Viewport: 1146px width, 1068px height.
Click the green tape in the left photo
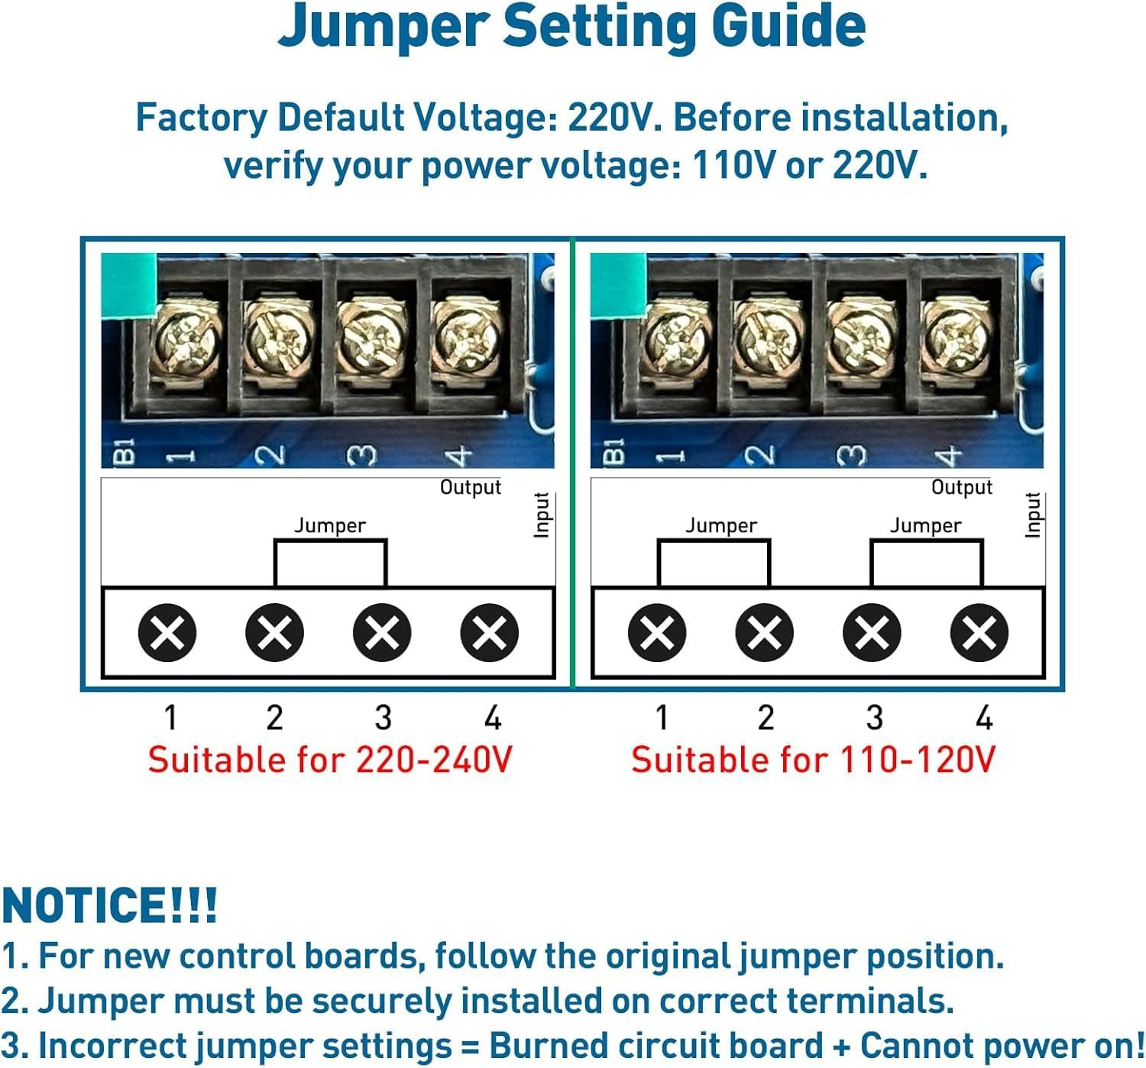(128, 285)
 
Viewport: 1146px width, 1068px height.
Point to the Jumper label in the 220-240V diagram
(330, 526)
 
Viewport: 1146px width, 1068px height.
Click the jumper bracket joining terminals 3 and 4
(926, 562)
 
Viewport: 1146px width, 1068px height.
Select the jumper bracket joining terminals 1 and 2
(714, 562)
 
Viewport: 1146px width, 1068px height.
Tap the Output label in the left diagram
(471, 487)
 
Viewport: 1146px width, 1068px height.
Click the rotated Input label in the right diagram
(1033, 515)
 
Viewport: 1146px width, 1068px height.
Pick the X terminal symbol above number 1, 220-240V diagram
(167, 632)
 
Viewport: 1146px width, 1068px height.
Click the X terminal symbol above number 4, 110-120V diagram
(979, 632)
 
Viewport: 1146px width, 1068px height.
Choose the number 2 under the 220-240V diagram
(275, 718)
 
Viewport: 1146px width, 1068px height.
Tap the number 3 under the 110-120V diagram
(874, 718)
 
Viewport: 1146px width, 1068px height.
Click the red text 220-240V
(434, 760)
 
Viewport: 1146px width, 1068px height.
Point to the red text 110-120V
(918, 760)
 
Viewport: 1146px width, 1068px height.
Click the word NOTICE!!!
(109, 906)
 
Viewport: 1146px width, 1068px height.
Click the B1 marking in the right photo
(613, 451)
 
